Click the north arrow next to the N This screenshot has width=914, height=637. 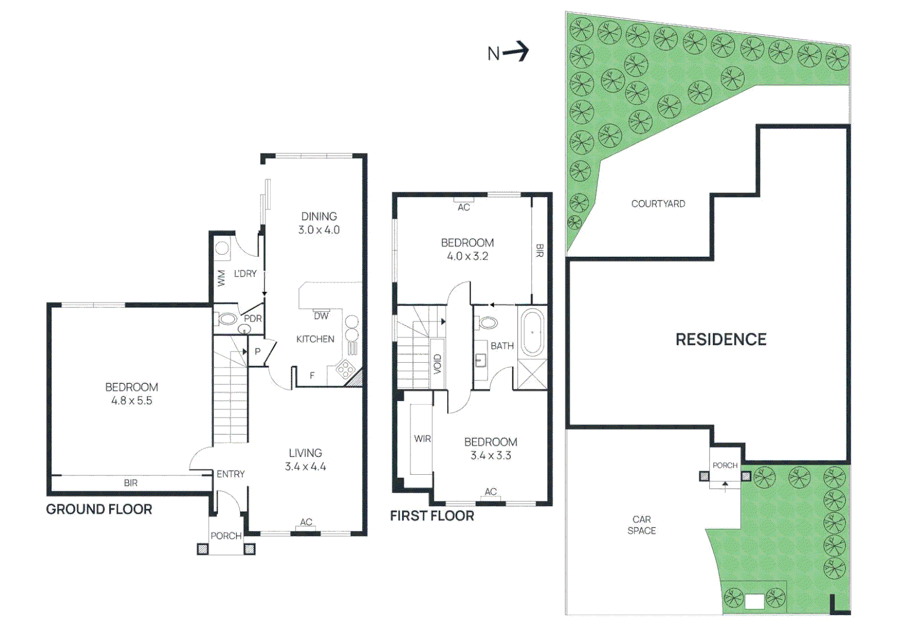point(517,52)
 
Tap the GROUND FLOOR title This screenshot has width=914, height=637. point(99,510)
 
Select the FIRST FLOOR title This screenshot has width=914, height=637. point(432,516)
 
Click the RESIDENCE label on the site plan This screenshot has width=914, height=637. point(721,340)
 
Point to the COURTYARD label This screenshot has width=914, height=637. point(658,204)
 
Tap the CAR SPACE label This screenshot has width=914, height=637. point(642,525)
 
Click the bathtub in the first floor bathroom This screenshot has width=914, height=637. point(532,333)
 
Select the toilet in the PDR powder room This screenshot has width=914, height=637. point(227,320)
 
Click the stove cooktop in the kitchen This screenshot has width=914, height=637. point(345,370)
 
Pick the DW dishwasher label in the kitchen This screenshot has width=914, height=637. point(321,316)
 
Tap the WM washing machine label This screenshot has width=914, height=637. point(221,278)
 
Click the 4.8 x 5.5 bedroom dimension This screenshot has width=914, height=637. point(131,401)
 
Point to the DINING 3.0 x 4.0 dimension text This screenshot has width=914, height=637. point(318,230)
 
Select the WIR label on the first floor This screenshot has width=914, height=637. point(422,439)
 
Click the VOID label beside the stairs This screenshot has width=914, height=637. point(437,364)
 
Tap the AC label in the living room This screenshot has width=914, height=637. point(306,522)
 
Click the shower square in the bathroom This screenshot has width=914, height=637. point(532,375)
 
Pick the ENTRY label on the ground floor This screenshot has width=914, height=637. point(231,474)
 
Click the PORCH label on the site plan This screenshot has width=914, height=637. point(725,465)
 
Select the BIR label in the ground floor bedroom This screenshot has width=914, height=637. point(130,483)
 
